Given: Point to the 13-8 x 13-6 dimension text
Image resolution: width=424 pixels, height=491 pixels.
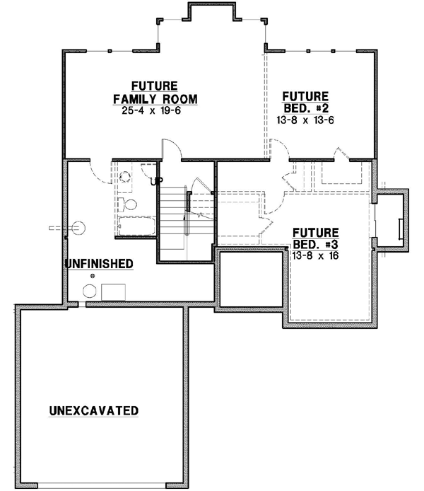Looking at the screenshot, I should tap(305, 120).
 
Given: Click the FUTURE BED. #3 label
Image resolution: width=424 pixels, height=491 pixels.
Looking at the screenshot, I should tap(315, 238).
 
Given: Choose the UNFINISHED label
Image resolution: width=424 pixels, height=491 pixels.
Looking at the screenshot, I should tap(99, 264).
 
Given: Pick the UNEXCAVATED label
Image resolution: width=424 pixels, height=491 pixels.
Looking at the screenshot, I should tap(93, 410).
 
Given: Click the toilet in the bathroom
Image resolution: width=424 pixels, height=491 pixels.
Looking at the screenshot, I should tap(128, 204).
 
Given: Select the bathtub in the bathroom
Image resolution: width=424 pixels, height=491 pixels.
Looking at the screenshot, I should tap(134, 227).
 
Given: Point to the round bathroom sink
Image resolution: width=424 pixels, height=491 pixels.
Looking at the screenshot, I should tap(126, 177).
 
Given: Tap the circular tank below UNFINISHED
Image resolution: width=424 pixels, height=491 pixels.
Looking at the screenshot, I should tap(90, 291).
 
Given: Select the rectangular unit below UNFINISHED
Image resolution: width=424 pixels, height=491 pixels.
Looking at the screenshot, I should tap(114, 291).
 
